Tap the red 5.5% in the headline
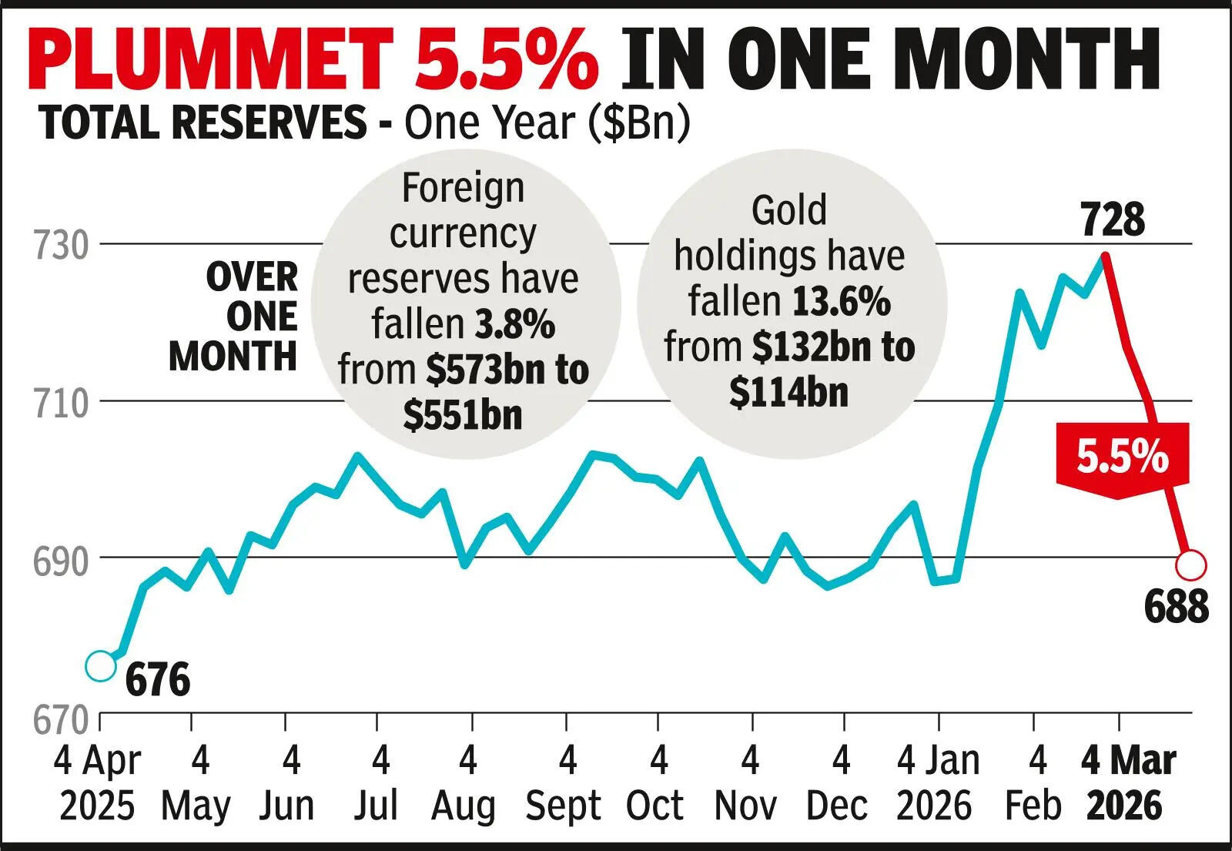pyautogui.click(x=506, y=59)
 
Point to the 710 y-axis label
pyautogui.click(x=61, y=404)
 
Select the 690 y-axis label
pyautogui.click(x=61, y=562)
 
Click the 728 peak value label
pyautogui.click(x=1112, y=220)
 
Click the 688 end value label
pyautogui.click(x=1176, y=607)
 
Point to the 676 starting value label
pyautogui.click(x=157, y=681)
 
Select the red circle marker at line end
pyautogui.click(x=1190, y=565)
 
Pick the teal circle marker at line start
pyautogui.click(x=100, y=666)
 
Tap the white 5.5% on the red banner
pyautogui.click(x=1122, y=457)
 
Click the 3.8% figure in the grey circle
pyautogui.click(x=514, y=324)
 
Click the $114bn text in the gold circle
pyautogui.click(x=788, y=393)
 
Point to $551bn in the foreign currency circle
pyautogui.click(x=463, y=416)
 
